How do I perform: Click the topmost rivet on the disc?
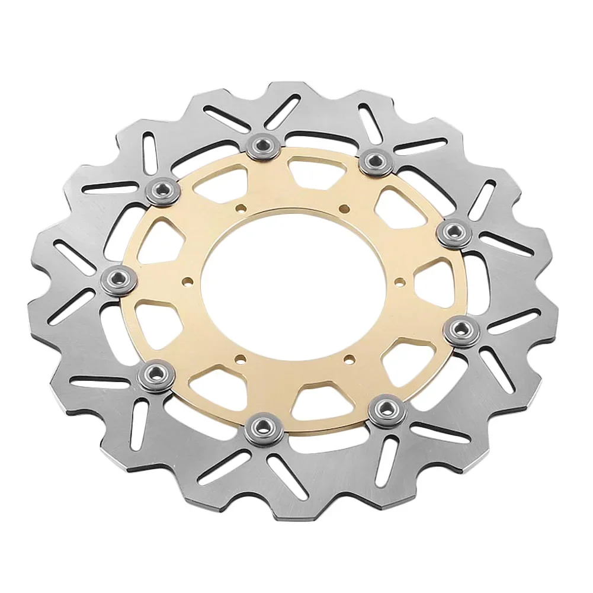[264, 146]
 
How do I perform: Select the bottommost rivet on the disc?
[260, 428]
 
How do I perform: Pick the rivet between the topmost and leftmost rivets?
[162, 190]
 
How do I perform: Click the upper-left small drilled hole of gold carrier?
[240, 209]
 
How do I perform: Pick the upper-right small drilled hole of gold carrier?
[343, 207]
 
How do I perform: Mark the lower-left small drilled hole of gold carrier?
[239, 358]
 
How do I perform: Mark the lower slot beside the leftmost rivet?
[65, 308]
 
